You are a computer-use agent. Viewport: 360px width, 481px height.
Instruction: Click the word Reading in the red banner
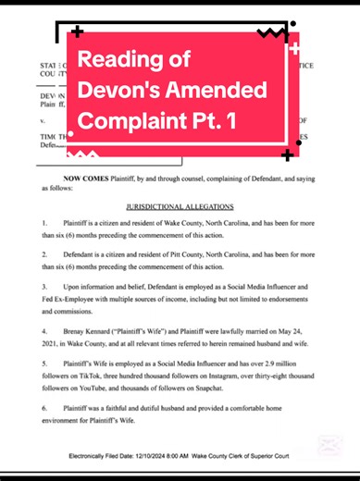(x=118, y=62)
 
